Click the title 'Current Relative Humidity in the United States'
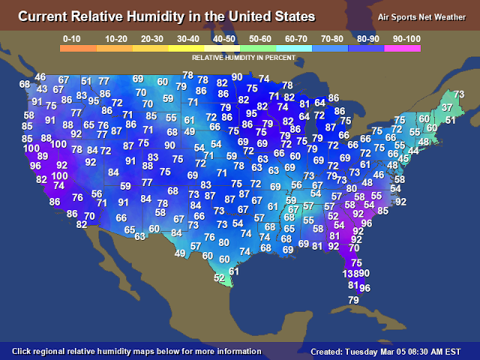click(x=166, y=16)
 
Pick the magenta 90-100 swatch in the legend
click(x=402, y=48)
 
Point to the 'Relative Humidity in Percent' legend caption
click(x=240, y=57)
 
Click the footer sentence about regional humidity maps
click(x=137, y=351)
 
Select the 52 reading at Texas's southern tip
click(x=219, y=278)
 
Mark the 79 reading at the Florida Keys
click(x=355, y=300)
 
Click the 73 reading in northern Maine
click(x=459, y=94)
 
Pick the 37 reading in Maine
click(x=447, y=108)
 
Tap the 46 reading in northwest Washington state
click(x=40, y=77)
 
